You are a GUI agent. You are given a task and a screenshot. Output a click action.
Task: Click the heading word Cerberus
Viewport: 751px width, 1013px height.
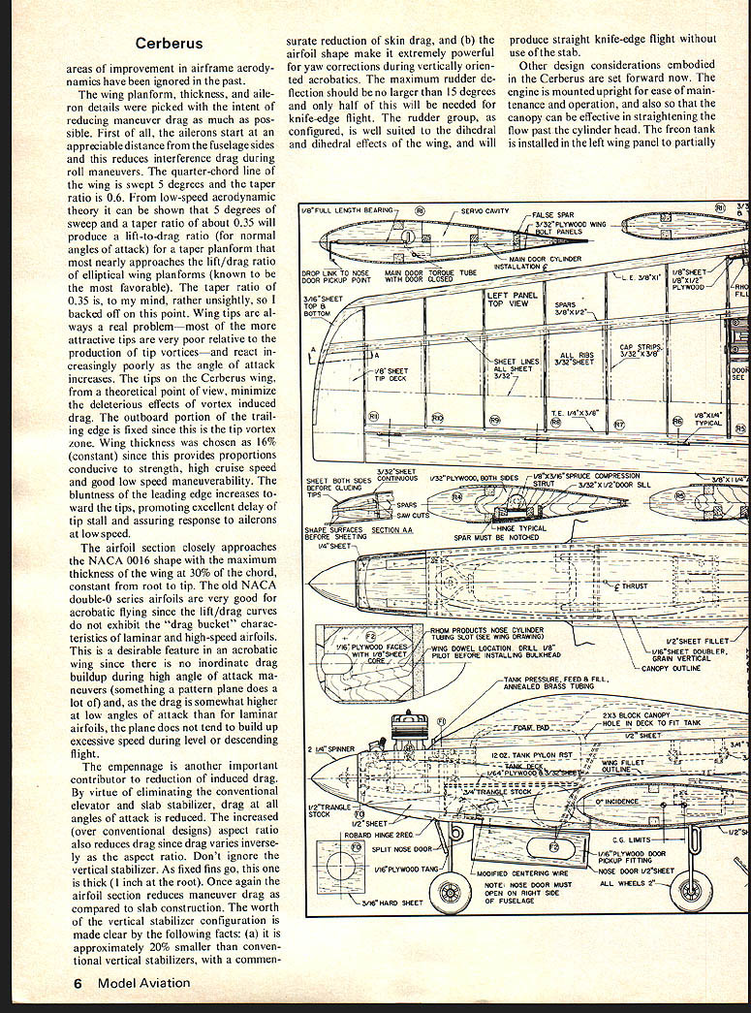[170, 44]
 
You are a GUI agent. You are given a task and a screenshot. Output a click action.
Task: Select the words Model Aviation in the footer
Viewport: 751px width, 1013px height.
[141, 982]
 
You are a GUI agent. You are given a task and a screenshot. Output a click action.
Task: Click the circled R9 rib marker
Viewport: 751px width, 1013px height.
[494, 420]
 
